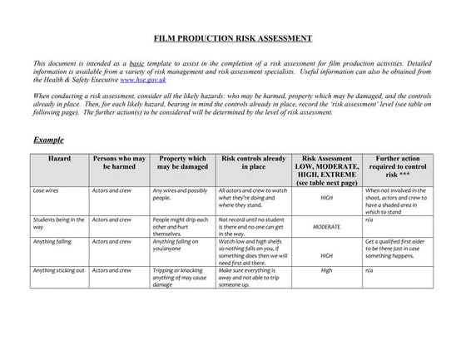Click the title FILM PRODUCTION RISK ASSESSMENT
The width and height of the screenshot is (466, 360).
coord(233,38)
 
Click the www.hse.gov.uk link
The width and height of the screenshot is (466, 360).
coord(142,80)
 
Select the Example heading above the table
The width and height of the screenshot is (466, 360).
coord(48,140)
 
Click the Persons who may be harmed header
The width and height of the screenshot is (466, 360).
coord(119,162)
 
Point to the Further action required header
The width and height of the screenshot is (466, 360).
coord(398,166)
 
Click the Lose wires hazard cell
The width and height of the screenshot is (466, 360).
coord(46,190)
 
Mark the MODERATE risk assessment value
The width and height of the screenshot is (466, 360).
coord(326,226)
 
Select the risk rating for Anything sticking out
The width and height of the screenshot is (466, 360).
coord(326,270)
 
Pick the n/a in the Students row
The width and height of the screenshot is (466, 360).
coord(369,219)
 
